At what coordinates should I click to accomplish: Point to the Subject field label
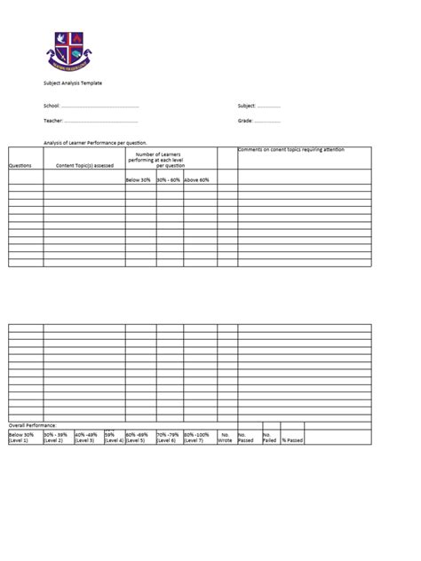247,107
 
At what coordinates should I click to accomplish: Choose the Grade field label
246,121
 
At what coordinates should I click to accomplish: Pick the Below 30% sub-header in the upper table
139,180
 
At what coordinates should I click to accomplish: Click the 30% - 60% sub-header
169,180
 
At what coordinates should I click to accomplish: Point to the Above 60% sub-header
196,180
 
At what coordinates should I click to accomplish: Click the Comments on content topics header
291,150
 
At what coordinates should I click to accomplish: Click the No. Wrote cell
226,438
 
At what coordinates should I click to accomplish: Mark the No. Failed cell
270,438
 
